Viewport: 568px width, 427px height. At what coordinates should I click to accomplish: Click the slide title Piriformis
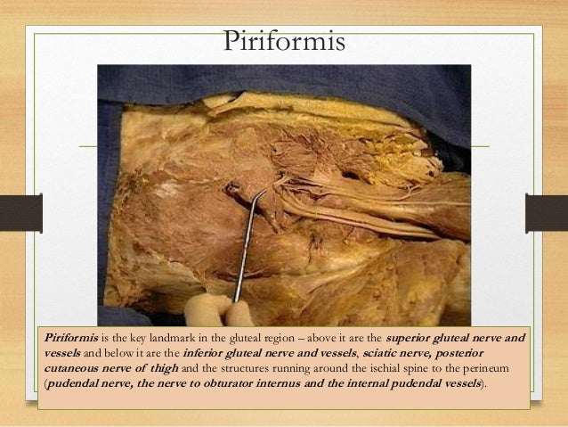[283, 40]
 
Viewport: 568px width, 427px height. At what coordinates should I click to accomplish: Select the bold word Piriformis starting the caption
[69, 340]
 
